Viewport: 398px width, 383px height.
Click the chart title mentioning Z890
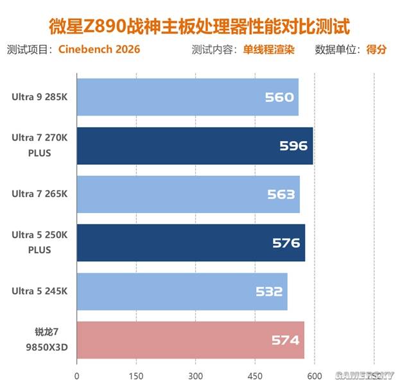[199, 26]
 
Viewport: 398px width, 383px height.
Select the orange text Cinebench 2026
[99, 49]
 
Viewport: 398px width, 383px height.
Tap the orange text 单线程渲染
[268, 49]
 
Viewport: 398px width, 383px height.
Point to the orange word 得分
[376, 49]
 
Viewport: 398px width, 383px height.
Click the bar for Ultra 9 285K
[187, 97]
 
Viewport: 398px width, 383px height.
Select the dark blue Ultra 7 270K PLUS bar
[195, 146]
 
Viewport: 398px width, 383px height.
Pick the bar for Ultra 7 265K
[188, 194]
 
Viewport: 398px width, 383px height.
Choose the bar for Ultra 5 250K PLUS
[191, 243]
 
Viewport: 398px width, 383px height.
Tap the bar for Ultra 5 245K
[182, 291]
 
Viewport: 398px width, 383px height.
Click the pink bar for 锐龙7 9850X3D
[190, 340]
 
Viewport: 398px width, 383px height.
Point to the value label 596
[293, 146]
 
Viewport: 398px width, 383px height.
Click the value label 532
[268, 292]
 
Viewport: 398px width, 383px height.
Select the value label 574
[286, 341]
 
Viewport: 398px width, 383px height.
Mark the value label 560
[279, 98]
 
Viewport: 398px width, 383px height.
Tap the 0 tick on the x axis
[77, 375]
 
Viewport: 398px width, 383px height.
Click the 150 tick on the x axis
[136, 375]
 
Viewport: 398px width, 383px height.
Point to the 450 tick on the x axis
[255, 375]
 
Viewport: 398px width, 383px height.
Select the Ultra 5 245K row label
[39, 291]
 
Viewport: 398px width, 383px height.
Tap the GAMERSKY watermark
[364, 375]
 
